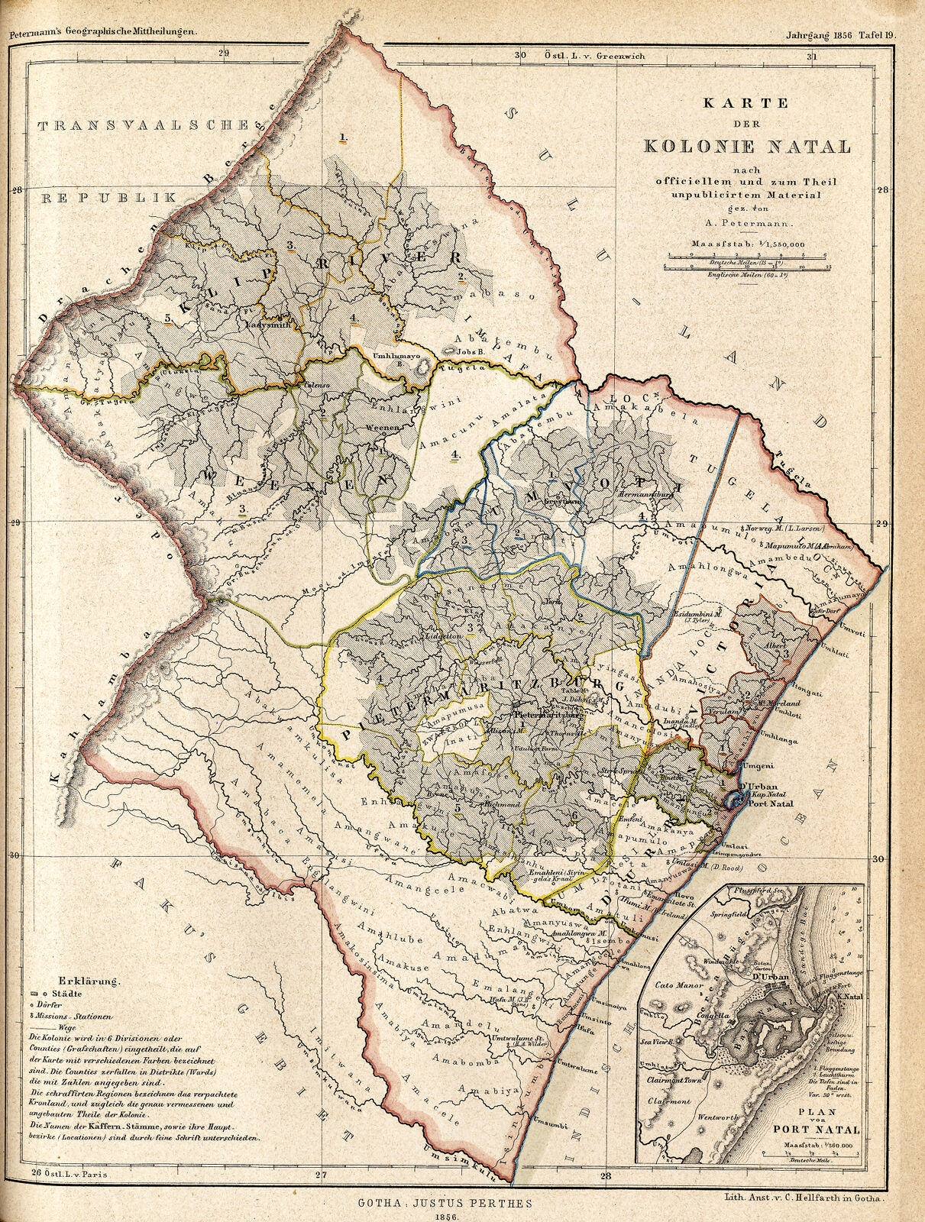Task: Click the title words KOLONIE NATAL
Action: (746, 145)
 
